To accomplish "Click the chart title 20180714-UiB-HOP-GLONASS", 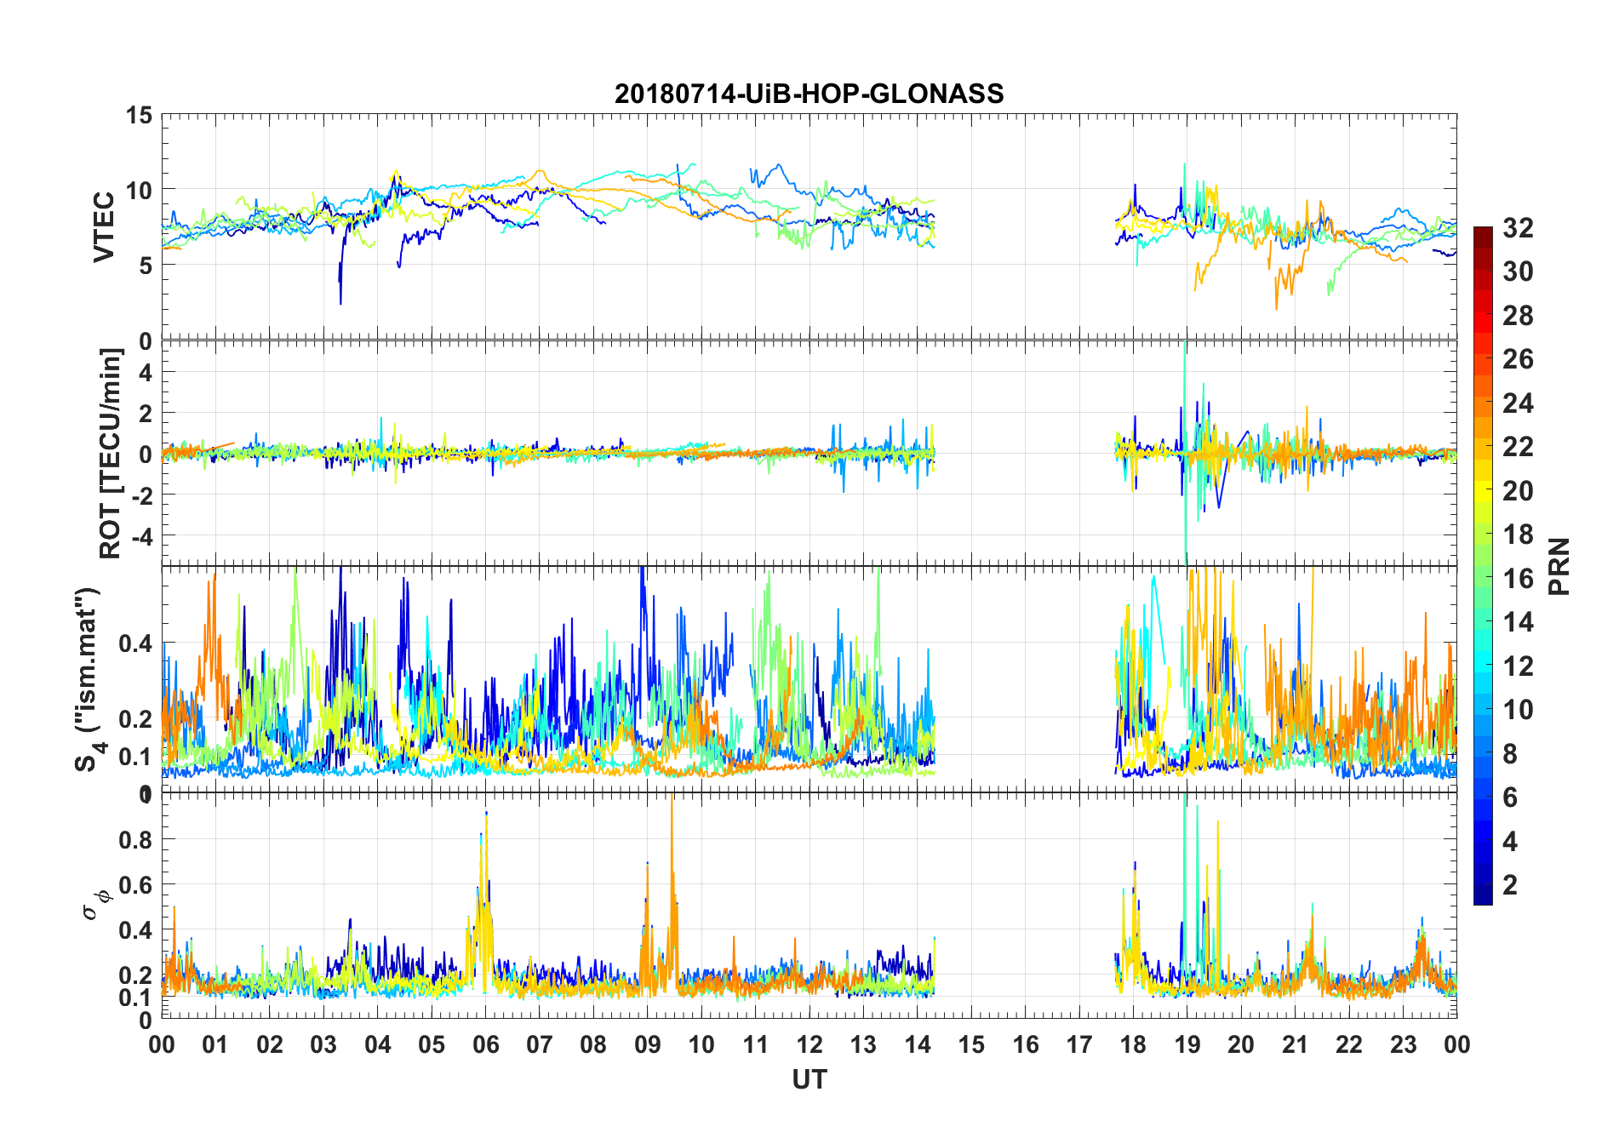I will click(809, 94).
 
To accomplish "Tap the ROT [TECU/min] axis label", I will click(111, 453).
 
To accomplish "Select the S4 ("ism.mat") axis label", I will click(87, 679).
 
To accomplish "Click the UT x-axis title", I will click(809, 1080).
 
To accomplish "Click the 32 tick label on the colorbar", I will click(1518, 228).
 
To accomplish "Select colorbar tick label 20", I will click(1518, 491).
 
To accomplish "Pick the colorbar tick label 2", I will click(1510, 885).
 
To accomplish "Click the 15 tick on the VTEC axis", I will click(140, 115).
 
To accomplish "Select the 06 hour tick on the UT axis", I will click(485, 1045).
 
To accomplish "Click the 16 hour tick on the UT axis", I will click(1025, 1045).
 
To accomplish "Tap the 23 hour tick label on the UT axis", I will click(1403, 1045).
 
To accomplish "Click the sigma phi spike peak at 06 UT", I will click(486, 813).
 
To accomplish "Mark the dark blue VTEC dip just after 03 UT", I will click(340, 302).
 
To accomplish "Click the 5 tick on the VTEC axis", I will click(146, 266).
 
